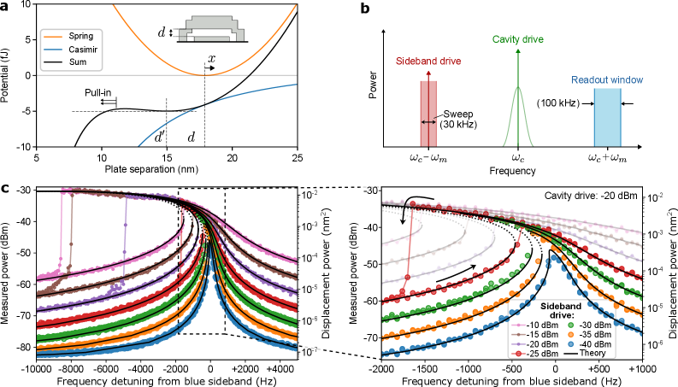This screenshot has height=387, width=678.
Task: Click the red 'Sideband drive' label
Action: click(428, 62)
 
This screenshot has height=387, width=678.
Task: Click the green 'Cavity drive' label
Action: click(517, 39)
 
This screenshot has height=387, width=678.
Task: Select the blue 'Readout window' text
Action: click(607, 80)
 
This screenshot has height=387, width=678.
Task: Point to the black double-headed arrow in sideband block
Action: click(428, 122)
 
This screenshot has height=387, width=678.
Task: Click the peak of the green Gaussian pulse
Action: click(517, 86)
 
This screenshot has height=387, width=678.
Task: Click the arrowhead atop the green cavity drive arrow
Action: click(517, 50)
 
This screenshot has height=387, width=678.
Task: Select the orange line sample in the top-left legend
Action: click(52, 38)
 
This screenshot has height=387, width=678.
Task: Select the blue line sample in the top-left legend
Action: click(52, 50)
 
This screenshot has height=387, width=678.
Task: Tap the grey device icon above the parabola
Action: click(211, 28)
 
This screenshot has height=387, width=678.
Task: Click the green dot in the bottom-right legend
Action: click(571, 325)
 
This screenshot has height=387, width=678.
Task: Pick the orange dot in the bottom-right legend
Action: click(571, 334)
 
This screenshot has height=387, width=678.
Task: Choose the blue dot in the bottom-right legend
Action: click(571, 343)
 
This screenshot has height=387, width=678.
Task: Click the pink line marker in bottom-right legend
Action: click(518, 325)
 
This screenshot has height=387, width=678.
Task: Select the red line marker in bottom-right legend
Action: click(518, 353)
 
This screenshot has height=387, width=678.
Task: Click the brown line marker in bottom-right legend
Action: click(518, 334)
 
